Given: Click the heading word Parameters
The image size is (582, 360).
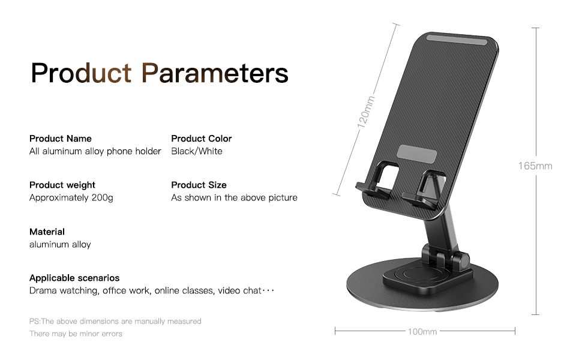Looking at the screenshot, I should pos(215,73).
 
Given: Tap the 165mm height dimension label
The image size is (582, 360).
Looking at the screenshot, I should pos(535,166).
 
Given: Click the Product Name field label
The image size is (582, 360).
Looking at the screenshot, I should pos(61,139).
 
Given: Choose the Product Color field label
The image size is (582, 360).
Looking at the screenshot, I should pos(201,139).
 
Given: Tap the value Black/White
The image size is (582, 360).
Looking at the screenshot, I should pos(196,151).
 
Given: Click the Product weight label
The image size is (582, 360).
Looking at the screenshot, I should pos(62,185).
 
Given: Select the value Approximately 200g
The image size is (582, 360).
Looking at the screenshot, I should pos(71,197).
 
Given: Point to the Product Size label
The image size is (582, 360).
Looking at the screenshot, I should pos(199,185).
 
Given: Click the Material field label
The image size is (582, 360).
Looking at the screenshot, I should pos(47,232).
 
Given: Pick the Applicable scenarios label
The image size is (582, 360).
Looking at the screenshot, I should pos(74,278).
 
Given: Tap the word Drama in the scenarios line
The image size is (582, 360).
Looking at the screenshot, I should pos(43,291).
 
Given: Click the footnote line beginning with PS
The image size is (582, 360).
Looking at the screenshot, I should pos(115,322).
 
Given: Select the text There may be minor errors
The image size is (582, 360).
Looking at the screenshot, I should pos(76,334).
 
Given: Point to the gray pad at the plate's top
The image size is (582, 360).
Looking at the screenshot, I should pos(456,43).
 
